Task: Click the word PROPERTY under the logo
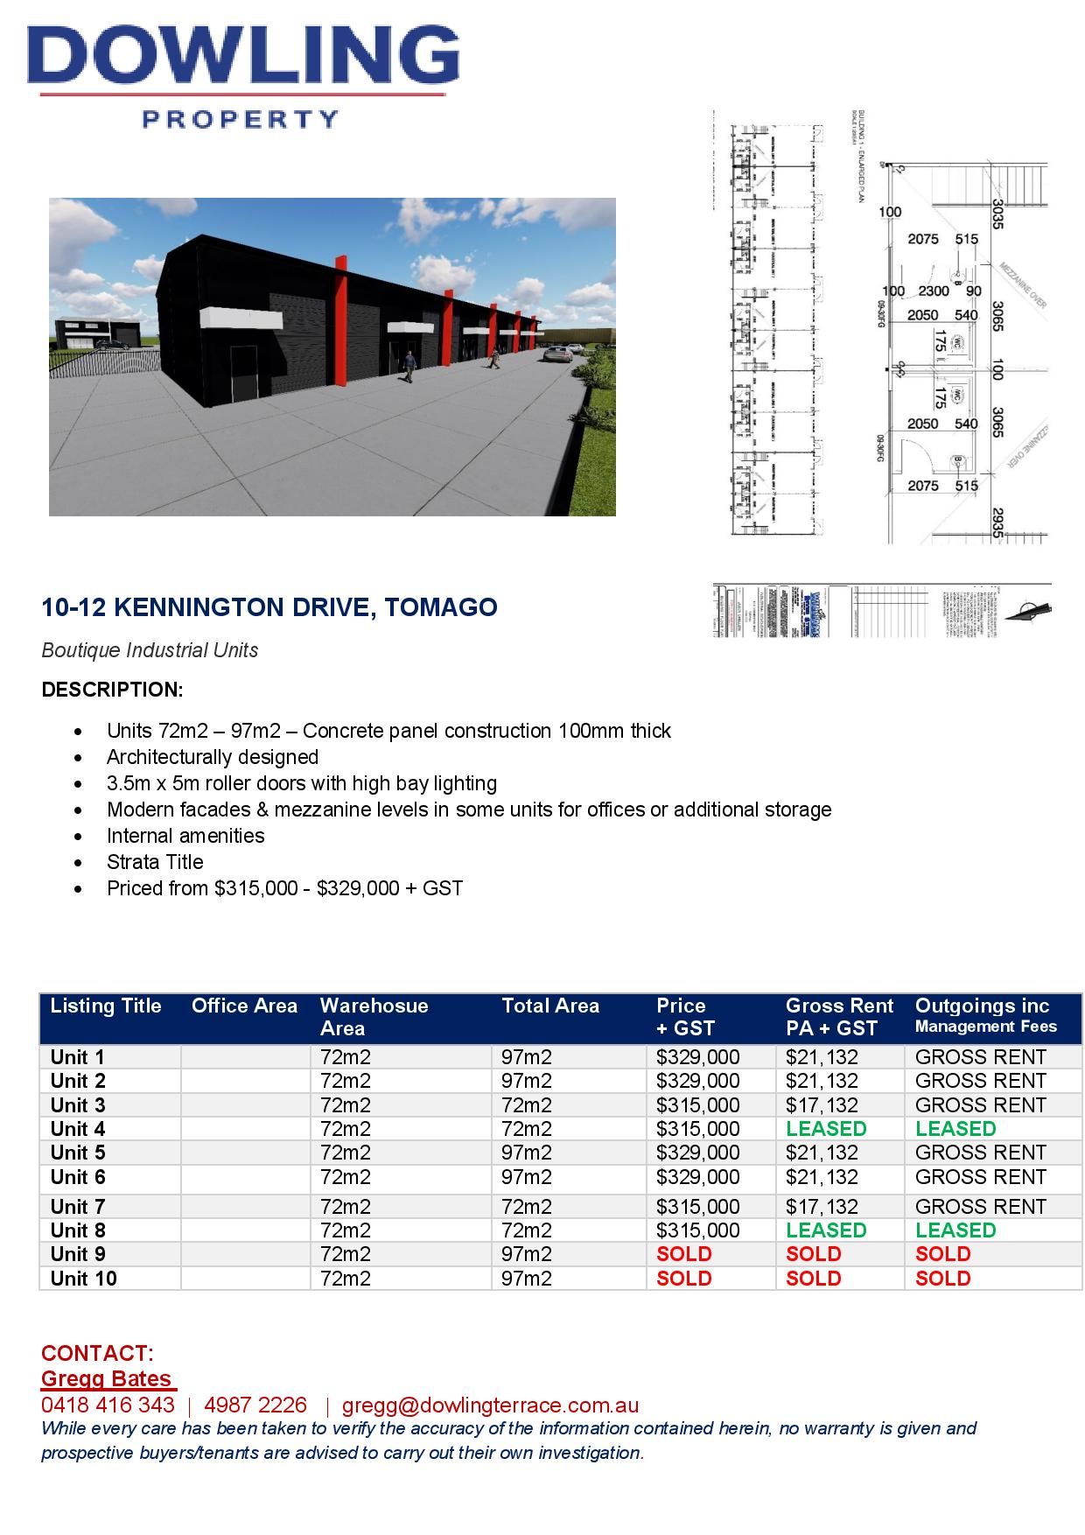point(241,119)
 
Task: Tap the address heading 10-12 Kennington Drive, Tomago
point(269,606)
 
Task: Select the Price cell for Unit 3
point(697,1105)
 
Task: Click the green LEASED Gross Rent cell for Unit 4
point(825,1129)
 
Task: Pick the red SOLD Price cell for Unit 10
point(683,1279)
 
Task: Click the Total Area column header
point(550,1006)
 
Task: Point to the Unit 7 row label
point(78,1207)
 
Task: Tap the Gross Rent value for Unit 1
point(822,1057)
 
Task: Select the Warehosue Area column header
point(374,1017)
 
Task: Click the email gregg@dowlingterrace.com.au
point(490,1405)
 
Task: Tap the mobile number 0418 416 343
point(108,1405)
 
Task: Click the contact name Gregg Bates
point(107,1379)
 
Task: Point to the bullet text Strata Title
point(155,862)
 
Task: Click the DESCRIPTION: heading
point(112,690)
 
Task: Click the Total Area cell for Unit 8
point(527,1230)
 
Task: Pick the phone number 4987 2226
point(255,1405)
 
